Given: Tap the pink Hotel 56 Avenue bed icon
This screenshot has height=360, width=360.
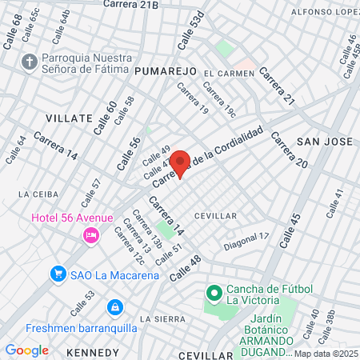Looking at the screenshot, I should (x=90, y=234).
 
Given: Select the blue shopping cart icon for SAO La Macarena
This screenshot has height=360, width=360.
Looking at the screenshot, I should (x=58, y=274).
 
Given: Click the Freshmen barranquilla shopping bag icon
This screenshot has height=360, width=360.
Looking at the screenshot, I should (x=115, y=306).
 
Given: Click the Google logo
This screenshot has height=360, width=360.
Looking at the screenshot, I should (x=26, y=350).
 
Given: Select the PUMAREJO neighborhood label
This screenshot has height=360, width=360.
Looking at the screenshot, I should (x=166, y=71).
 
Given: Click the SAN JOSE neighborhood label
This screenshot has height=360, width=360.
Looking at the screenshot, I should (x=324, y=142).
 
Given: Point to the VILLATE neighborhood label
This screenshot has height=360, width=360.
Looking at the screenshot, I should (x=69, y=118).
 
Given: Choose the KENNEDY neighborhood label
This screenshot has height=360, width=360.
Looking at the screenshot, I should (x=93, y=351).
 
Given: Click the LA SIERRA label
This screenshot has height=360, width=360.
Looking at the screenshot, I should (x=157, y=318).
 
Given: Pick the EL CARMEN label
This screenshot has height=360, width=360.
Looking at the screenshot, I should (x=229, y=74).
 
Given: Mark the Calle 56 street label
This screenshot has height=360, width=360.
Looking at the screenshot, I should (x=129, y=152).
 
